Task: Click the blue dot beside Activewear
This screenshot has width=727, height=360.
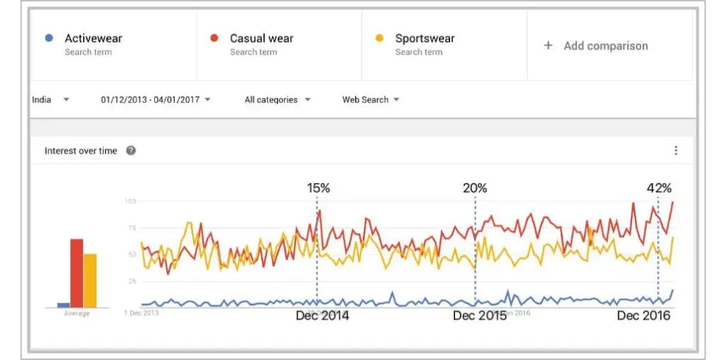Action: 48,38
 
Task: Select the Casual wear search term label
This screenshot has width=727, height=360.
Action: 261,38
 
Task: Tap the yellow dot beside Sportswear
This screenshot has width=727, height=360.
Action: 379,38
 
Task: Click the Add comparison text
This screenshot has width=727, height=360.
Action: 606,45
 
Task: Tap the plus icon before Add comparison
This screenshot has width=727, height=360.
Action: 548,45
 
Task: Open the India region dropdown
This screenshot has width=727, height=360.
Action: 50,99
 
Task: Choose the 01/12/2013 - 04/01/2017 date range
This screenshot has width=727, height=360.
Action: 155,99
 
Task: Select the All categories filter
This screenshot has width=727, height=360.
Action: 277,99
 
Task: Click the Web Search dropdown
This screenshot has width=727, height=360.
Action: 371,99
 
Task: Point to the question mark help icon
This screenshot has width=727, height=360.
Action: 131,151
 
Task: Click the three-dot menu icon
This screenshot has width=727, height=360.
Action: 676,151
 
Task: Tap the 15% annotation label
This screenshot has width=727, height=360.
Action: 318,188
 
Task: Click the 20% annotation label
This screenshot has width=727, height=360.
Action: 475,188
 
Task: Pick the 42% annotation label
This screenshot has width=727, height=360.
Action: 658,188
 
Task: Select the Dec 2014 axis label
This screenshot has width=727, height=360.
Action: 322,315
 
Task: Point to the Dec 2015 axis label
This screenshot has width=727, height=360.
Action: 480,315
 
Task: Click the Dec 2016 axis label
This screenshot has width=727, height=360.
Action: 643,315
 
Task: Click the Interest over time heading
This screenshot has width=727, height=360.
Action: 80,151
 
